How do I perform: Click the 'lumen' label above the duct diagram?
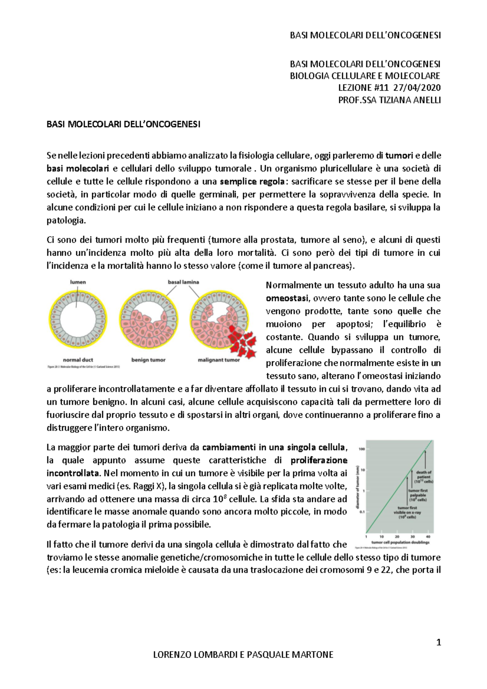point(78,282)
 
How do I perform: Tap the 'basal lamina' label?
point(183,282)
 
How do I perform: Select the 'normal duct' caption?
point(78,360)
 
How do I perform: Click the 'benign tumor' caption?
point(148,360)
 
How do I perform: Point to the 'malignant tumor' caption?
point(219,360)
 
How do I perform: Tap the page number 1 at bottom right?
point(438,642)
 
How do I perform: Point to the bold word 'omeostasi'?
point(287,298)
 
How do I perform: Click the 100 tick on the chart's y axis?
point(362,449)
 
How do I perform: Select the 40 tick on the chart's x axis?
point(429,536)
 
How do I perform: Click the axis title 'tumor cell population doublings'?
point(400,542)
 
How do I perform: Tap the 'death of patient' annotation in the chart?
point(424,477)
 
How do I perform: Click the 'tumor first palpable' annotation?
point(418,495)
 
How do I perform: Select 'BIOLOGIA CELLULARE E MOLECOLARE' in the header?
point(365,76)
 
